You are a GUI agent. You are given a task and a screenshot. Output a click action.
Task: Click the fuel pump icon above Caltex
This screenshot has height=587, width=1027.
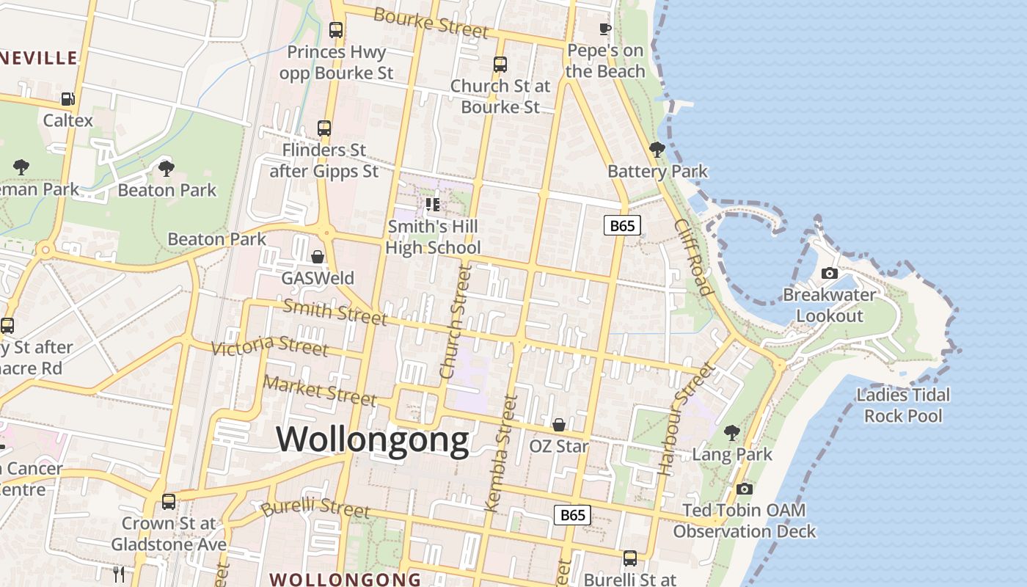(x=67, y=98)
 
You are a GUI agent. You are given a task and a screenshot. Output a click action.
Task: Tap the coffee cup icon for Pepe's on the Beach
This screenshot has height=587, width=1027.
(x=604, y=29)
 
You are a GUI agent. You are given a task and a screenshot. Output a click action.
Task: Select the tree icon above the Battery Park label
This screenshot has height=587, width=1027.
(x=657, y=150)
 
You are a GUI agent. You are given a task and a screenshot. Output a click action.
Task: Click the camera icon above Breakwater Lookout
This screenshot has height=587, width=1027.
(x=830, y=273)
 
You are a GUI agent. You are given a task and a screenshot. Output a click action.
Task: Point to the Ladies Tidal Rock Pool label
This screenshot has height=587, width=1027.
(x=902, y=405)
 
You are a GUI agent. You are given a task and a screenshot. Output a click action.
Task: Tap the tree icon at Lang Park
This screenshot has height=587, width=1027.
(x=731, y=432)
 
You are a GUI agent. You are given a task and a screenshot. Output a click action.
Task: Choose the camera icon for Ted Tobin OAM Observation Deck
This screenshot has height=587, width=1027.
(x=745, y=489)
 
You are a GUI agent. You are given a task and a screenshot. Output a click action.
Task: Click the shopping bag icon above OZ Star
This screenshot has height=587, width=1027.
(x=558, y=425)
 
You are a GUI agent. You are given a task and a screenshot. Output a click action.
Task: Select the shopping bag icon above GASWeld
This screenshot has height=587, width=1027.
(x=318, y=257)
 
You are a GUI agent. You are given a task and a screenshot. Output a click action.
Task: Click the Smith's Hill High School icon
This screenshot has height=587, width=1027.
(x=433, y=205)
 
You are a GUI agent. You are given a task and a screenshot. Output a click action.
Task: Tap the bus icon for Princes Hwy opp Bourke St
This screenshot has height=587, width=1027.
(x=336, y=30)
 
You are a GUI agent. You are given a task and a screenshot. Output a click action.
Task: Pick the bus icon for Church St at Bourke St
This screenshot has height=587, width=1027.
(x=500, y=65)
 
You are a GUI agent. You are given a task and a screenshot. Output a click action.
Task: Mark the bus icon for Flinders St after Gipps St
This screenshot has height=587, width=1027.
(x=324, y=128)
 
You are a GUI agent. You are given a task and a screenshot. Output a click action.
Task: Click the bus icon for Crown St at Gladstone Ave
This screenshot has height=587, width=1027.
(x=169, y=502)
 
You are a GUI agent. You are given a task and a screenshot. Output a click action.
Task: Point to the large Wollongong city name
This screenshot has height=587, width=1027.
(x=373, y=440)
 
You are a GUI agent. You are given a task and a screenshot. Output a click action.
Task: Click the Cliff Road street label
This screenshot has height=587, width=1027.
(x=693, y=257)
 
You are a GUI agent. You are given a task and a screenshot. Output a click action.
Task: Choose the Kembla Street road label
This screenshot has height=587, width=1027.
(x=502, y=453)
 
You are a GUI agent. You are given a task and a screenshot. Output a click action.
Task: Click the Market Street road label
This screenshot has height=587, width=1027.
(x=320, y=390)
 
